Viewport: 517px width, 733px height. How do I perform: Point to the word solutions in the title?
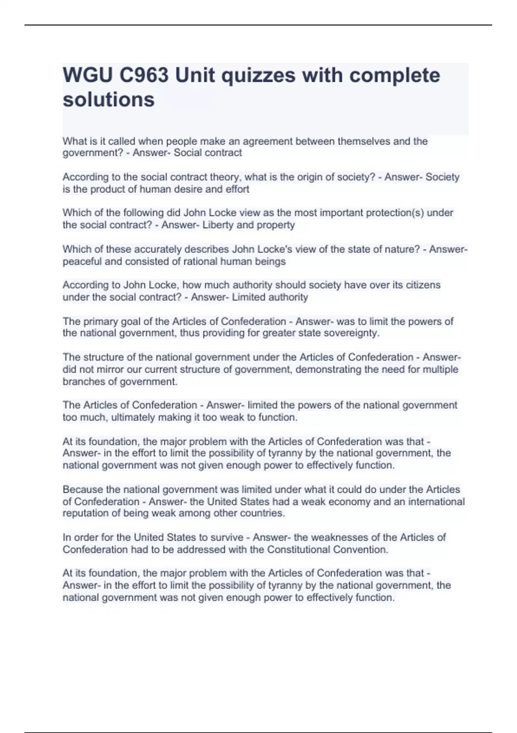click(x=109, y=100)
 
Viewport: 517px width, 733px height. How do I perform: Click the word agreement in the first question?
click(x=267, y=141)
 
